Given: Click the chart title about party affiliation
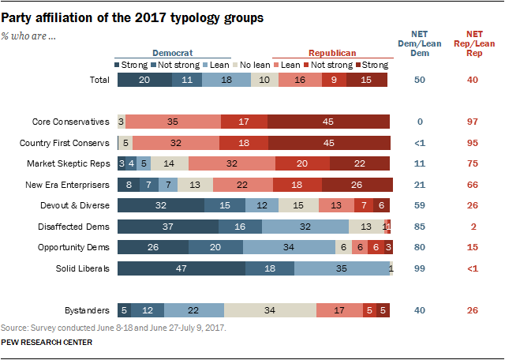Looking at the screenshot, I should tap(132, 16).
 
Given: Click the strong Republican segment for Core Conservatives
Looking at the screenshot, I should tap(328, 122).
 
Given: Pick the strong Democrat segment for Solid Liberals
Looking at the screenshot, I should tap(181, 268).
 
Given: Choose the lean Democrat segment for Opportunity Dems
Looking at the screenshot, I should tap(289, 247).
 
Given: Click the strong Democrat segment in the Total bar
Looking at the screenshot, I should tap(144, 80).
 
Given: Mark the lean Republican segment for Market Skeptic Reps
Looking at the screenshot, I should tap(232, 163).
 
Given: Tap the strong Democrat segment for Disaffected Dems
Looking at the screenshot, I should tap(167, 227).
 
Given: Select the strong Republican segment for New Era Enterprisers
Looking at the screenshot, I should tap(357, 184).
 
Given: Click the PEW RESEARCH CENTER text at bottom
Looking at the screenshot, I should tap(47, 342).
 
